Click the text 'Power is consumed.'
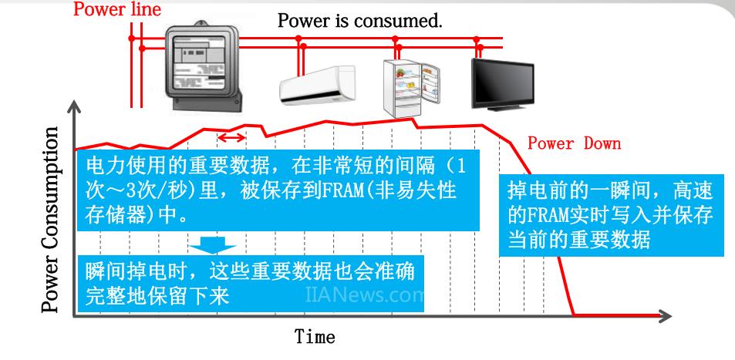click(360, 21)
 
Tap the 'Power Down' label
click(574, 144)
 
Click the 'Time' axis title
click(315, 337)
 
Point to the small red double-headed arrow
click(232, 137)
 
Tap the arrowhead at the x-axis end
click(665, 315)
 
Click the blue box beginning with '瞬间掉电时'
click(255, 284)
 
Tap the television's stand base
click(501, 108)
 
